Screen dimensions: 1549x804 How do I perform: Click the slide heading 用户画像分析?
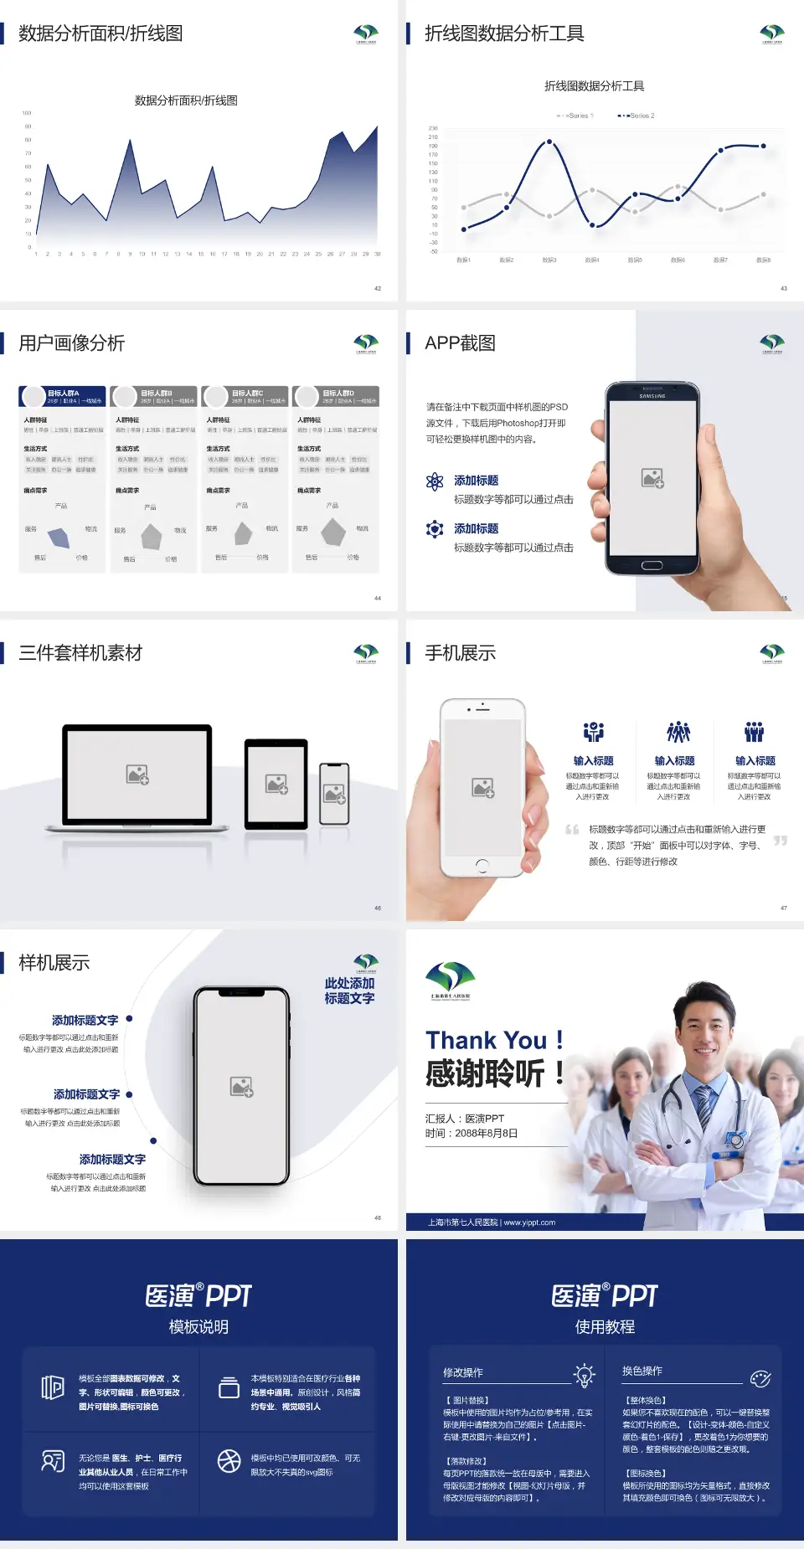pos(72,343)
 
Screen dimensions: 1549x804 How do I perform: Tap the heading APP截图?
pos(460,343)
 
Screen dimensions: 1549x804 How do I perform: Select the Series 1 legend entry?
pos(576,116)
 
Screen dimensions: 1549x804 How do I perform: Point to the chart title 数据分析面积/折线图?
pos(186,100)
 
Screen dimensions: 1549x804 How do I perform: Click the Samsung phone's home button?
pos(652,565)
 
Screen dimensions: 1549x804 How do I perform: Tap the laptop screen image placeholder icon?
pos(137,774)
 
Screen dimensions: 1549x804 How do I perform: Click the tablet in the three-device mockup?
pos(276,784)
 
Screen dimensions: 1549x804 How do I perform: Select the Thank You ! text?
pos(494,1040)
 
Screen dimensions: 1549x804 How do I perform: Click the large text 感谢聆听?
pos(486,1073)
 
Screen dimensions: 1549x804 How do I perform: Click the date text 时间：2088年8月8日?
pos(472,1134)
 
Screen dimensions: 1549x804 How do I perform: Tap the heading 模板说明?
pos(198,1327)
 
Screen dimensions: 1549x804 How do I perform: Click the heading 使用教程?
pos(605,1327)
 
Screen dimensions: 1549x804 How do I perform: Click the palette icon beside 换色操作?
pos(760,1378)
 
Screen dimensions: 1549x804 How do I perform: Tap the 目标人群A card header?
pos(63,396)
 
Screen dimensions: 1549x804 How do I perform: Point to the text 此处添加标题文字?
pos(349,991)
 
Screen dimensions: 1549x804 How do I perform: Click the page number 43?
pos(784,288)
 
